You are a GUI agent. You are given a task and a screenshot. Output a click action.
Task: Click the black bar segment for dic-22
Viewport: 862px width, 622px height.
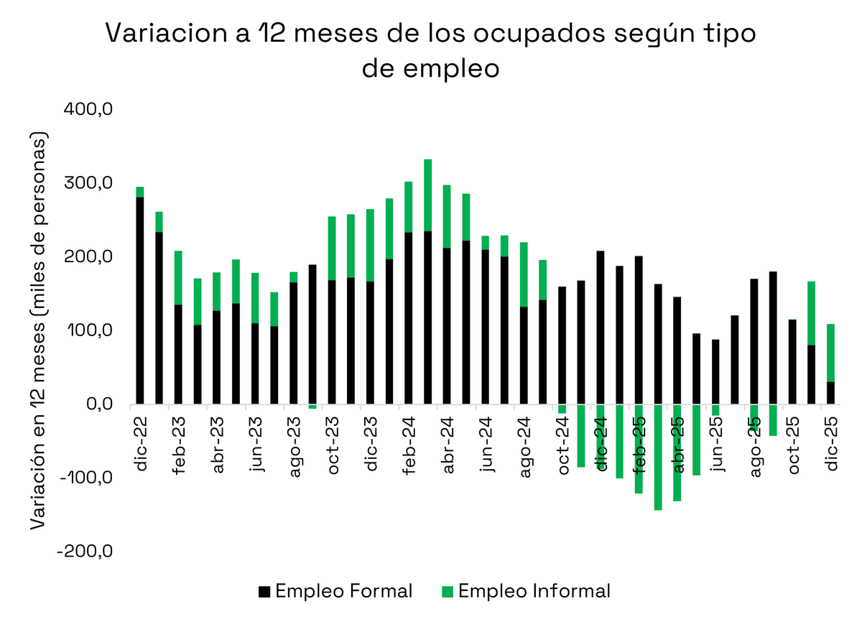coord(140,300)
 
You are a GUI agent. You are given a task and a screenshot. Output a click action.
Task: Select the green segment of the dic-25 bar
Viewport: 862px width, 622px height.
coord(830,353)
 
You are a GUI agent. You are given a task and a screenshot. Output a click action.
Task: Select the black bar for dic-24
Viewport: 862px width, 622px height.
coord(601,328)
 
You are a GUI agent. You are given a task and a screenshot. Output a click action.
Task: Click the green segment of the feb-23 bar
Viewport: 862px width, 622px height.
coord(178,277)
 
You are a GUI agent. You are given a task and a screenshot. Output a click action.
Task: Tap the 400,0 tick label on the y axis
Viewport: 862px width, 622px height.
coord(91,110)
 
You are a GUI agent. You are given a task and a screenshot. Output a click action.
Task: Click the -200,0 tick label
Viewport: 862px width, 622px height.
coord(86,552)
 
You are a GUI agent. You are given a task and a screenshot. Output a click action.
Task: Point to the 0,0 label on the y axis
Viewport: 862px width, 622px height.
coord(98,404)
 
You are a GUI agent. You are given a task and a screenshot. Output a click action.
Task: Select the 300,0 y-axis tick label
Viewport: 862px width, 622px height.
coord(91,184)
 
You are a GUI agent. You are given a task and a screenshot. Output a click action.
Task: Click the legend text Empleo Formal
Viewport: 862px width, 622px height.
coord(344,591)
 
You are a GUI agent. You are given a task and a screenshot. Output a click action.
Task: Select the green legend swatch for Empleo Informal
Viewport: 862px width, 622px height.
coord(448,592)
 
